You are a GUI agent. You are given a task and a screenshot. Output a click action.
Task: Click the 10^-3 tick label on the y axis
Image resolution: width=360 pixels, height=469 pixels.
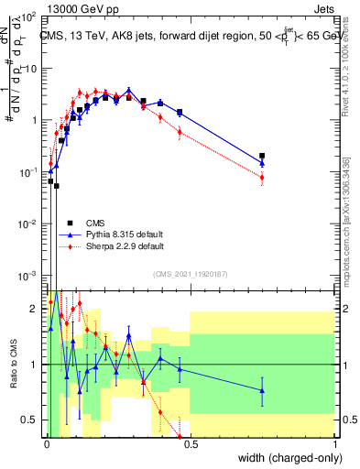tap(27, 275)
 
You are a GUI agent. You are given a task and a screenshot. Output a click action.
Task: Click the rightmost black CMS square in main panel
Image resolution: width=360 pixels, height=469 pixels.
tap(263, 157)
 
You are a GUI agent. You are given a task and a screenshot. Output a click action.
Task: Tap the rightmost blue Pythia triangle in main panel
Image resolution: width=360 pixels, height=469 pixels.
tap(263, 163)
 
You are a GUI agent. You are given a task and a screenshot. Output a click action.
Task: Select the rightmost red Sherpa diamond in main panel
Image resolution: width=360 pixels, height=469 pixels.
tap(263, 177)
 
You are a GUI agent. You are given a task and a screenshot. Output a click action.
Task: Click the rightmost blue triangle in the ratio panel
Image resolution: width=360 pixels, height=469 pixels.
tap(263, 390)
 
